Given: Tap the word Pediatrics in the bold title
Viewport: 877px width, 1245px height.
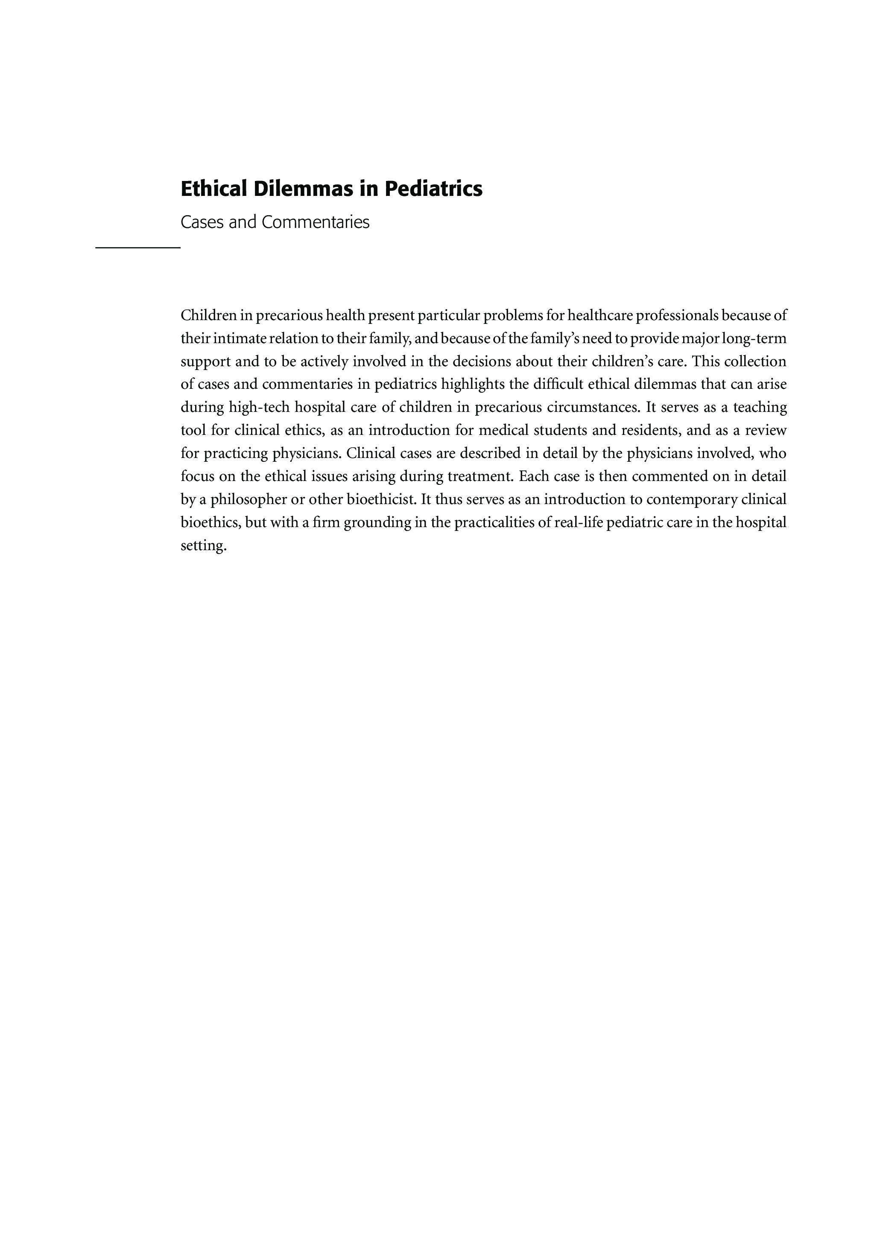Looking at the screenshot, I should click(x=433, y=189).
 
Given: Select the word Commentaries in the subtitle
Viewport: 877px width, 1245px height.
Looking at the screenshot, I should click(x=315, y=222).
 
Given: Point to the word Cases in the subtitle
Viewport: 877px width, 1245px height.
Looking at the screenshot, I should click(x=202, y=222).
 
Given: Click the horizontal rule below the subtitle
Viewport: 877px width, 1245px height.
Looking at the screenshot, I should click(x=138, y=248).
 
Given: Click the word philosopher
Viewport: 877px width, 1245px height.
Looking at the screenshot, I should click(x=248, y=499).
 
